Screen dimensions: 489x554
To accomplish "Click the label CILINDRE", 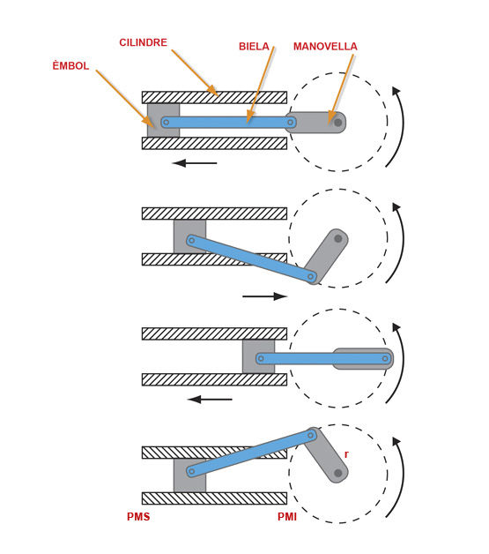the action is [x=143, y=42].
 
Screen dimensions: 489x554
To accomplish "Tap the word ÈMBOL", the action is [x=70, y=65].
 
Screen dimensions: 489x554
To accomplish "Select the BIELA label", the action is [x=254, y=46].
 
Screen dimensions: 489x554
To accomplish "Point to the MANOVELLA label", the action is [x=325, y=46].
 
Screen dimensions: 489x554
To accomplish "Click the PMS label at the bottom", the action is [x=138, y=517].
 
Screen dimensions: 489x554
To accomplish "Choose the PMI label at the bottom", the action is [x=287, y=517].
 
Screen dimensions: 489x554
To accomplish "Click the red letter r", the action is [x=346, y=454].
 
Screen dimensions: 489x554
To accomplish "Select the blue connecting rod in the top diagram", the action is [x=228, y=123].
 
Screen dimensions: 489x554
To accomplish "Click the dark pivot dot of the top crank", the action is [x=338, y=123].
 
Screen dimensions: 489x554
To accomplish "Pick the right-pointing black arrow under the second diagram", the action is [x=264, y=296].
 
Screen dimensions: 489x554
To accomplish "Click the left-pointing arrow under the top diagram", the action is [x=195, y=163].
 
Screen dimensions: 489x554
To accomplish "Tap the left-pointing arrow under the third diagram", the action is [x=210, y=400].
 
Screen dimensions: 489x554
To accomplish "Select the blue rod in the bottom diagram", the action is [x=251, y=453].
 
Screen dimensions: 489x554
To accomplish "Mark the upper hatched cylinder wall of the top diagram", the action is [x=214, y=97].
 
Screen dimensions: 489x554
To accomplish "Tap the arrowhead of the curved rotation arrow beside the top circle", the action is [x=396, y=91].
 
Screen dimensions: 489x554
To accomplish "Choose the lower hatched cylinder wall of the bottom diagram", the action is [x=214, y=498].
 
